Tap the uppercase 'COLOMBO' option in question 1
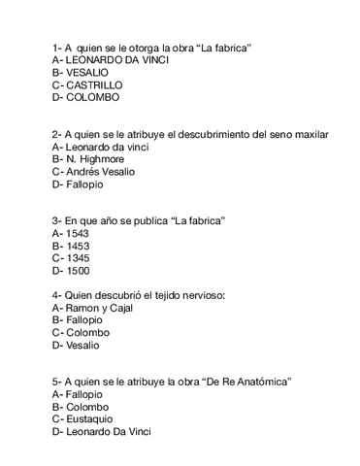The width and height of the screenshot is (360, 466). coord(93,98)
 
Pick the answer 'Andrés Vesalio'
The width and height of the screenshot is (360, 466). coord(101,171)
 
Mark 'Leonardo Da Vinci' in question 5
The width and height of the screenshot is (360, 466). coord(110,431)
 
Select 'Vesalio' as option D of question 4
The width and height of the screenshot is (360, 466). coord(86,345)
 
